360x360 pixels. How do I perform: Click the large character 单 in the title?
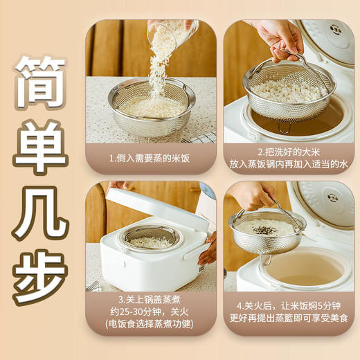(x=40, y=142)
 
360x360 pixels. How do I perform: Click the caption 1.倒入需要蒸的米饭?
(x=150, y=158)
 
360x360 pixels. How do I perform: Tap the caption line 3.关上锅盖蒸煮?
(x=150, y=299)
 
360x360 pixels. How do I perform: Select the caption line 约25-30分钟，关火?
(x=150, y=311)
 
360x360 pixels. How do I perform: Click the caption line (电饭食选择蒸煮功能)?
(x=150, y=323)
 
